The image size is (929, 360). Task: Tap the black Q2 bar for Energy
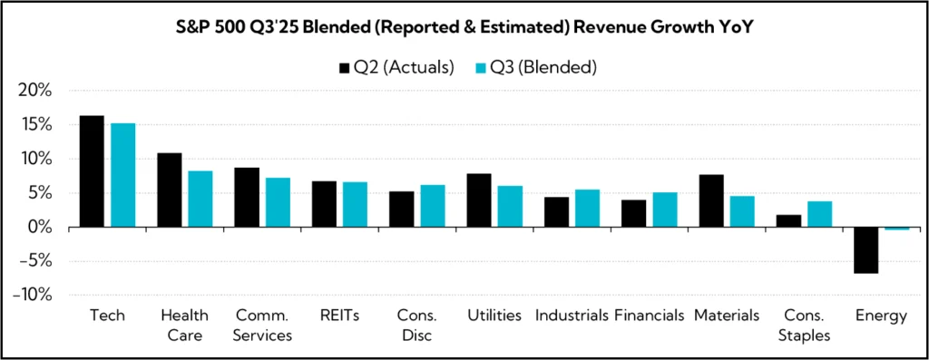(866, 250)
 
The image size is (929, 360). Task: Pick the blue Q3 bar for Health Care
(200, 199)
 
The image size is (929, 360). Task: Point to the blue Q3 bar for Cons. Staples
(819, 214)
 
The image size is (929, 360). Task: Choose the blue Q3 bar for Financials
(664, 209)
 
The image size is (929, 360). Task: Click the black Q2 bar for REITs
(324, 204)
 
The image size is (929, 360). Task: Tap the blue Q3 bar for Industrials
(587, 208)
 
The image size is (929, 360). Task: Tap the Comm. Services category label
(262, 325)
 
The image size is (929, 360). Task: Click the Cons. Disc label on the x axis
(417, 325)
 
